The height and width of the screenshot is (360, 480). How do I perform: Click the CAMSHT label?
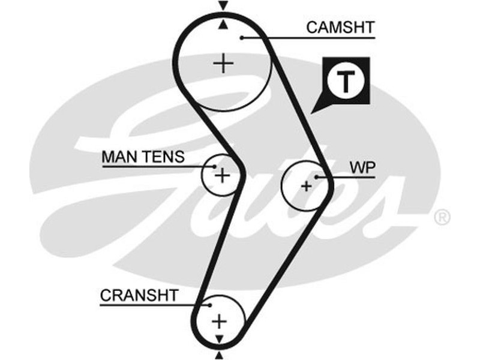(x=340, y=27)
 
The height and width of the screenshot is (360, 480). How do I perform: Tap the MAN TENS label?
(x=143, y=157)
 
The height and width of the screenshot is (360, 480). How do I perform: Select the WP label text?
(x=363, y=168)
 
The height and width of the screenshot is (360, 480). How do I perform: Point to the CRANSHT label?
(x=139, y=295)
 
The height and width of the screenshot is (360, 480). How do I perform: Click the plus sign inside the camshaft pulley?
(x=223, y=63)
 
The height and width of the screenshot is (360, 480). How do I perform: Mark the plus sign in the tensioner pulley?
(x=222, y=175)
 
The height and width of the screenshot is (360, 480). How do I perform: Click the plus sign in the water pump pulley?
(x=307, y=186)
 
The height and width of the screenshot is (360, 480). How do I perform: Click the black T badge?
(x=345, y=82)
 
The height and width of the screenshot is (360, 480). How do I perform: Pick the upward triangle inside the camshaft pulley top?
(x=223, y=25)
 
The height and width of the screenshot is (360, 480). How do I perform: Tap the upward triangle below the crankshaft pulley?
(x=220, y=356)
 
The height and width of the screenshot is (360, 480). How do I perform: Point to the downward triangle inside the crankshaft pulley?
(x=220, y=338)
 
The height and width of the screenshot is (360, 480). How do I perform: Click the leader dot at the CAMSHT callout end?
(x=242, y=38)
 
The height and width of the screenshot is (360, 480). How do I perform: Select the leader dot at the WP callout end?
(x=316, y=177)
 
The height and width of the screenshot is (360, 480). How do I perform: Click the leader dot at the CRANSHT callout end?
(x=211, y=305)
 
